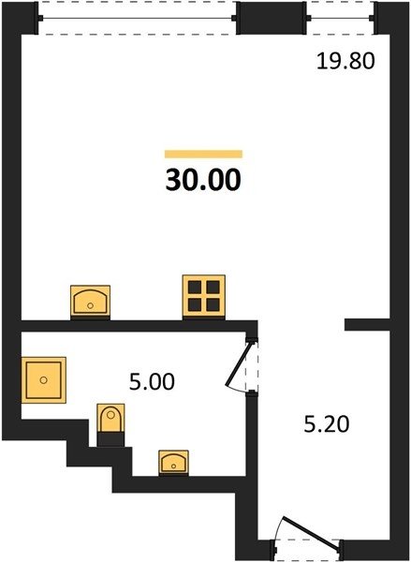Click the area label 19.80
click(345, 61)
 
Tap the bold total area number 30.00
click(203, 180)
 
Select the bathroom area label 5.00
click(152, 381)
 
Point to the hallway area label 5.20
click(327, 424)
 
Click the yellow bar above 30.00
click(203, 155)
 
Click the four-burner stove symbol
click(204, 296)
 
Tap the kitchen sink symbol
click(90, 301)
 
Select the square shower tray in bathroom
click(44, 380)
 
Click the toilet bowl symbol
click(110, 419)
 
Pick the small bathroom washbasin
click(174, 463)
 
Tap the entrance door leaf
click(311, 533)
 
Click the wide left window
click(137, 18)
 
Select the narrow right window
click(341, 18)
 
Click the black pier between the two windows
click(272, 18)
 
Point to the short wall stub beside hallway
click(367, 325)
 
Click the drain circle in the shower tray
click(44, 380)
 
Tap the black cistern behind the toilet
click(110, 439)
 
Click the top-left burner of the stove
click(195, 288)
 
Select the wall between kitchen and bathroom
click(138, 326)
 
